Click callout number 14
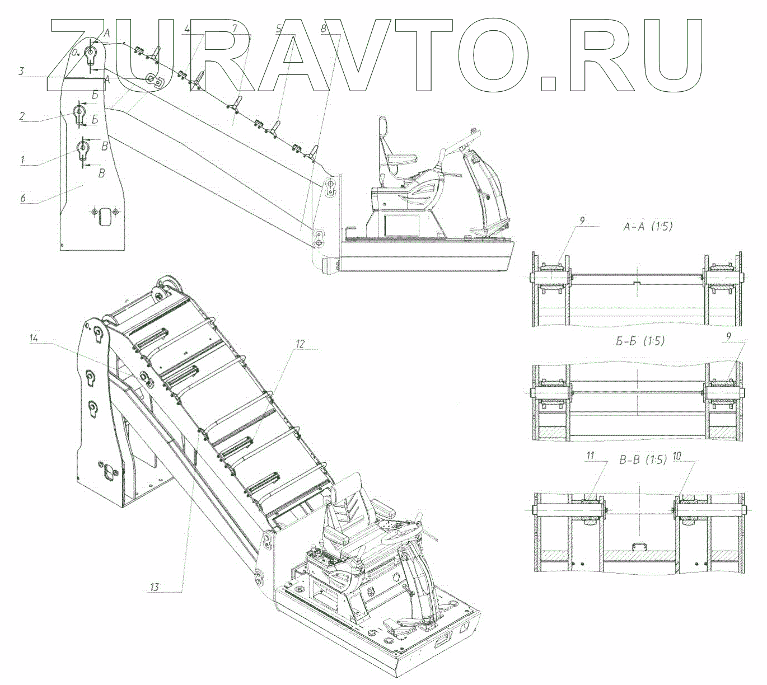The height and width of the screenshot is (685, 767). point(34,338)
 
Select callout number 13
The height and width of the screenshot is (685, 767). point(154,587)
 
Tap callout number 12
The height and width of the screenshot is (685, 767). point(300,344)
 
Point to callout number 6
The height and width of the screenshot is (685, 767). point(23,198)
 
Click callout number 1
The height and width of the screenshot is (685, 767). point(23,159)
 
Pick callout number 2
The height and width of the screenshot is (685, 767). point(22,116)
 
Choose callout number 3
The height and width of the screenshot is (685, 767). point(21,71)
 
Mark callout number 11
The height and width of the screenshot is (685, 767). point(590,456)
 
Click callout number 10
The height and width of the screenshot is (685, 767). point(677,456)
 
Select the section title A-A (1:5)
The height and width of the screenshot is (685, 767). point(648,227)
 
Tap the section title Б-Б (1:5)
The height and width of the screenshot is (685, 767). point(640,341)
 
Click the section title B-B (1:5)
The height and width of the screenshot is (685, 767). point(643,460)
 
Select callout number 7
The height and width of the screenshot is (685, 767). point(235,28)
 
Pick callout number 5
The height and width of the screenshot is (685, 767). point(278,29)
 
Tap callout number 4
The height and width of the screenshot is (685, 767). point(187,29)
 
